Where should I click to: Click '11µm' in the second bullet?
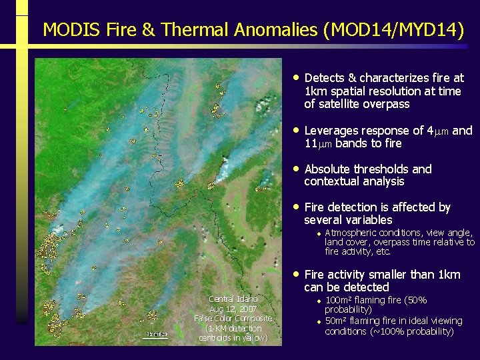318,143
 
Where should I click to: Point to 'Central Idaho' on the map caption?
233,299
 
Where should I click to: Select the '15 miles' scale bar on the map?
157,334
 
